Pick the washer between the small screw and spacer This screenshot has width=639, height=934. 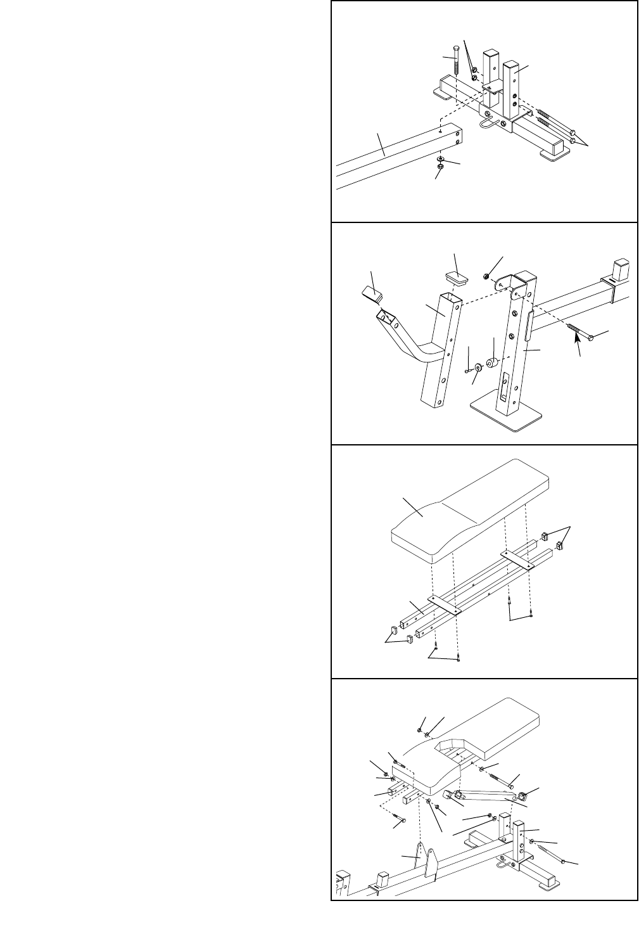click(478, 368)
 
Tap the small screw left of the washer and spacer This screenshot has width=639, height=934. click(467, 370)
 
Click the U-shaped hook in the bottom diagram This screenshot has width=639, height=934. click(505, 861)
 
